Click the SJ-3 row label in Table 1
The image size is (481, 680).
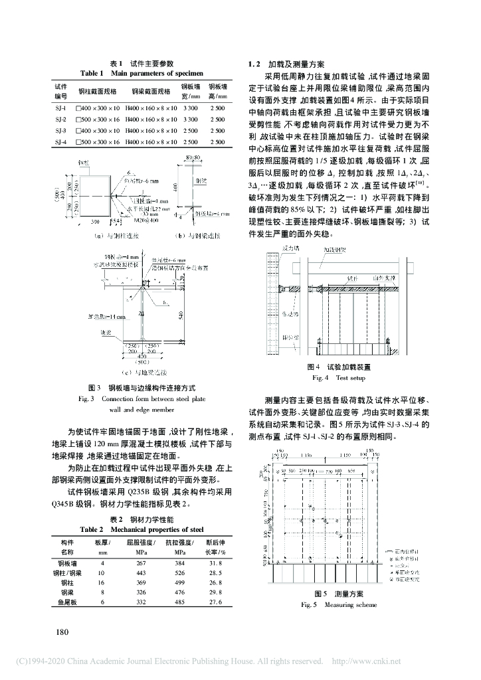[60, 130]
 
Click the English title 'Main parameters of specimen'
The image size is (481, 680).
[142, 73]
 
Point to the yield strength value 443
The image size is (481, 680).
[141, 572]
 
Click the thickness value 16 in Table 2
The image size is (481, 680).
[102, 582]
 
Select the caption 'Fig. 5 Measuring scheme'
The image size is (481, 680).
[339, 605]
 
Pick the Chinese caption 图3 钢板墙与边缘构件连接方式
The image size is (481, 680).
[141, 387]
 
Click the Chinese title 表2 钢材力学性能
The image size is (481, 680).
[141, 519]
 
